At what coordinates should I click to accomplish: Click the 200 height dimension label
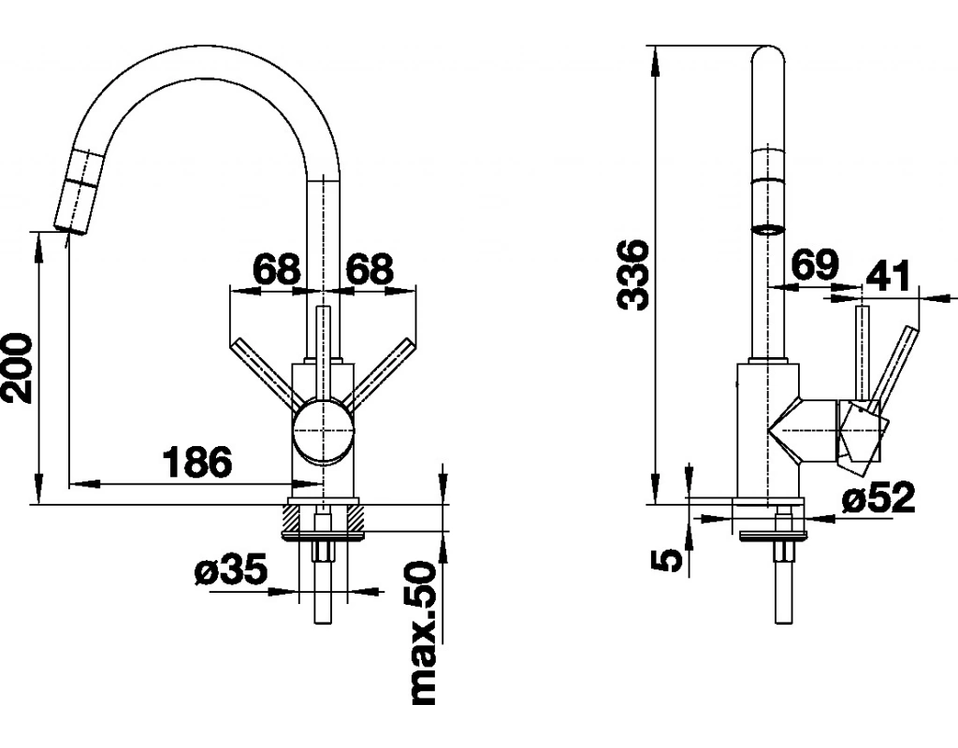click(x=17, y=367)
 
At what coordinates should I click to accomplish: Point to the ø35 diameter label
click(x=231, y=569)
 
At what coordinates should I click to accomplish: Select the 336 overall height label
click(x=632, y=276)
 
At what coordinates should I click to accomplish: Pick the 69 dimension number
click(x=815, y=266)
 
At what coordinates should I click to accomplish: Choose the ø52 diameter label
click(x=878, y=497)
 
